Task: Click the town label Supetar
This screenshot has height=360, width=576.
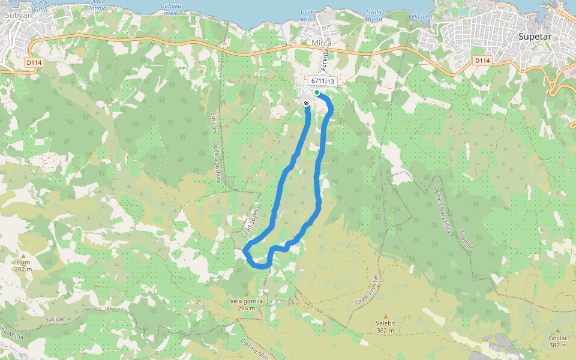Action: coord(534,36)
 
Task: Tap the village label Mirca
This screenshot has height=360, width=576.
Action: coord(322,43)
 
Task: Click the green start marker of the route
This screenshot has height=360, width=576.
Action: coord(317,92)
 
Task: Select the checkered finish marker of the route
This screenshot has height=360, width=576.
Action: coord(307,104)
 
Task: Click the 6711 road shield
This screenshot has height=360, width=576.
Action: coord(318,81)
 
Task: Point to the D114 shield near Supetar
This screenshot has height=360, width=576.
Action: coord(482,61)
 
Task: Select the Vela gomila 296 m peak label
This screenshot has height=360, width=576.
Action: coord(246,304)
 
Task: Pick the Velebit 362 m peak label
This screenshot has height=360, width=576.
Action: coord(385,326)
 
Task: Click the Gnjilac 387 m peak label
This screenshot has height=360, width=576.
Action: coord(558,341)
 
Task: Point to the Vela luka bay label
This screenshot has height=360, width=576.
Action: coord(420,16)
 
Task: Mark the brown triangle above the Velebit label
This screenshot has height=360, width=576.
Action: coord(385,316)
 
